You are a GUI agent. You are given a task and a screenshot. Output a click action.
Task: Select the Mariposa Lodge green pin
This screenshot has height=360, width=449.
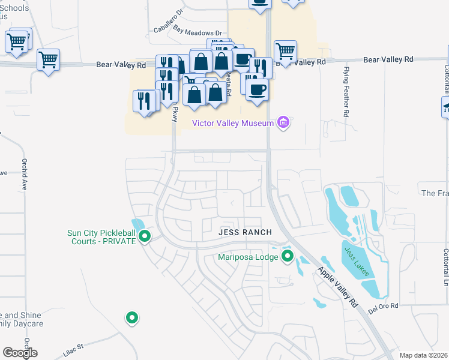(287, 257)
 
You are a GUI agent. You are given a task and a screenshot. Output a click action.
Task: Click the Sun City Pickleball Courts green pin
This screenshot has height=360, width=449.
(144, 237)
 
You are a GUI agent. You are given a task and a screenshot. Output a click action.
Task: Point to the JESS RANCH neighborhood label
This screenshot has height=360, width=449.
(245, 232)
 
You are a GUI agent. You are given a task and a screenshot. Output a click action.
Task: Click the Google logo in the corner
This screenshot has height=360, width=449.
(20, 353)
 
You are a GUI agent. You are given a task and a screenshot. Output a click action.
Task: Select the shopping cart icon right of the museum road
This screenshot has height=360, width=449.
(285, 52)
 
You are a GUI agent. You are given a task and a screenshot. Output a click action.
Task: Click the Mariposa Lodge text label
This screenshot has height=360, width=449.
(248, 257)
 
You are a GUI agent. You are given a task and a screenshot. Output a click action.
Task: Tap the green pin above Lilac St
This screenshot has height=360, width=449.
(131, 317)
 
